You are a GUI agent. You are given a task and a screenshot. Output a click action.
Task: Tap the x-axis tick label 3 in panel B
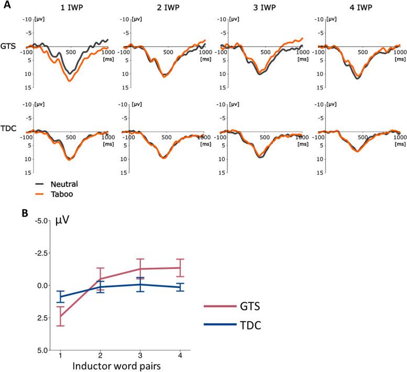(140, 356)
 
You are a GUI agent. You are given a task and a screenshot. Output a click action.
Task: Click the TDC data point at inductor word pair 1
(60, 297)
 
